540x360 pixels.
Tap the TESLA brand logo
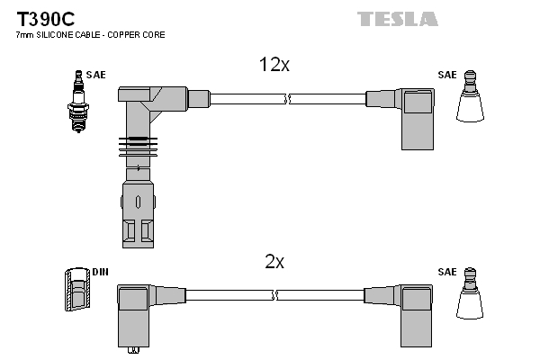pos(397,19)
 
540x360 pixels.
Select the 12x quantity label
pos(274,65)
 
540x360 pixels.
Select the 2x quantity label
pos(274,262)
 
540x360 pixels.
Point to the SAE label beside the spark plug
pos(95,75)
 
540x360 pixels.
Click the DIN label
pos(99,271)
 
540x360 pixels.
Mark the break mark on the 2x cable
pos(276,294)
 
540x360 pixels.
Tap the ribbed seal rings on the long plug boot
pos(138,145)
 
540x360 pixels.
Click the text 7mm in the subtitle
pos(25,34)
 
